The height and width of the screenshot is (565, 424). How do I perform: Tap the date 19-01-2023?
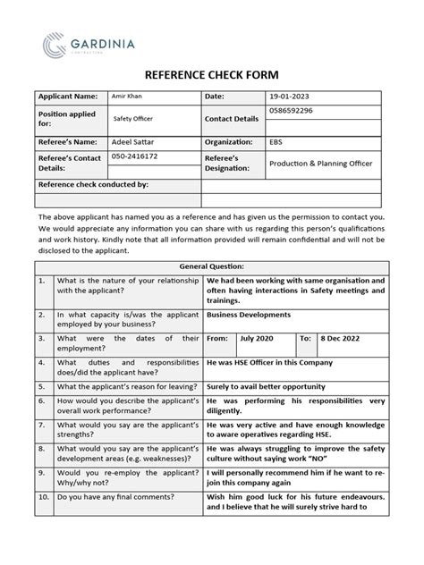(x=293, y=96)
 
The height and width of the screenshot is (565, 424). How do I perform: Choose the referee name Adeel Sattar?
(x=132, y=140)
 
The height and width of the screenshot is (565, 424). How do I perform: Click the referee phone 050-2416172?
(x=133, y=156)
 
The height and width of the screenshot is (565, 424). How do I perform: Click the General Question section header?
(x=211, y=266)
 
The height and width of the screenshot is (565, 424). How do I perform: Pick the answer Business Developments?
(x=249, y=316)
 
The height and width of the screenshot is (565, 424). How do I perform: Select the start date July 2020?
(x=259, y=340)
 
